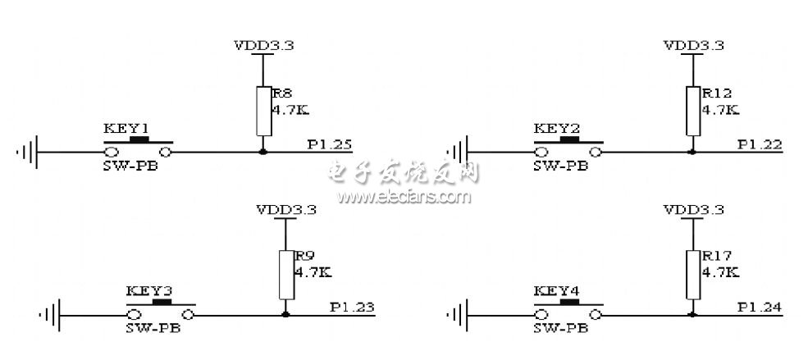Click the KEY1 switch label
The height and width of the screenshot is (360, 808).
[126, 129]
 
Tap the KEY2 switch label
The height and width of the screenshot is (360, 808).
[555, 129]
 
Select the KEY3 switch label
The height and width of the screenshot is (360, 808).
[148, 290]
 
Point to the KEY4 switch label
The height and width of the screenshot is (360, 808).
[555, 290]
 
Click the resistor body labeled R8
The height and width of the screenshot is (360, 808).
[262, 111]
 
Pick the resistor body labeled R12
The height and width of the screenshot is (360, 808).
[693, 111]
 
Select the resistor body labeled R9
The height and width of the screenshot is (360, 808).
[285, 275]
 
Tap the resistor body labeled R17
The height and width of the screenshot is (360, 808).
[693, 275]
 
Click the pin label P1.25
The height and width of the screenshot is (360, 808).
[330, 145]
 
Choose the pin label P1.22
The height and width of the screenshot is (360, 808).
[759, 145]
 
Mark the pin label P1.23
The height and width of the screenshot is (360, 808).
[352, 308]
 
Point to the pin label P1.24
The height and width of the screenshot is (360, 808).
[759, 308]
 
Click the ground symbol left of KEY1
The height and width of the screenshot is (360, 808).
[29, 152]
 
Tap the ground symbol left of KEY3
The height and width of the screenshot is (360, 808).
[51, 314]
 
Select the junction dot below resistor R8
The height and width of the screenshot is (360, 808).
[262, 152]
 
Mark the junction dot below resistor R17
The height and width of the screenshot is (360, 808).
[693, 314]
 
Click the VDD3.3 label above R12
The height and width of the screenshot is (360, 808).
[693, 46]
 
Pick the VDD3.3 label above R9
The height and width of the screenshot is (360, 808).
[286, 210]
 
